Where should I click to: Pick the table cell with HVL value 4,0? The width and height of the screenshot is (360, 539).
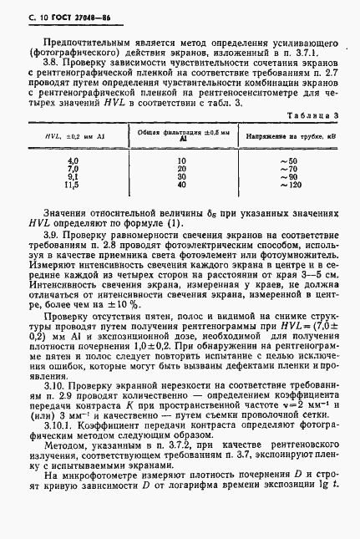point(72,159)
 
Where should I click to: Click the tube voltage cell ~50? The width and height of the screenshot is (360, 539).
point(289,159)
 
